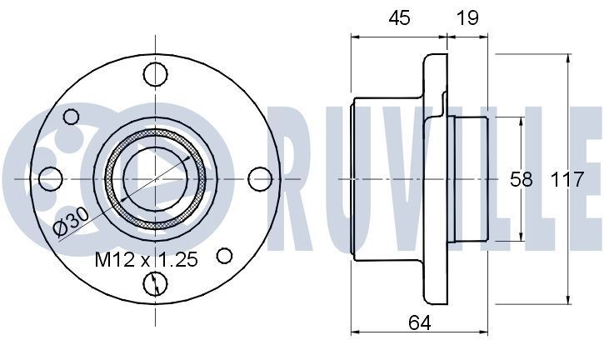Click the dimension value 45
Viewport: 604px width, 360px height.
399,18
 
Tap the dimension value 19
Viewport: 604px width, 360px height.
467,18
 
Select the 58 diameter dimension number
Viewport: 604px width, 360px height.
521,179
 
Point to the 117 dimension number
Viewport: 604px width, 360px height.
567,179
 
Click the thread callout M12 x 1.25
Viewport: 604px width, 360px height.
146,260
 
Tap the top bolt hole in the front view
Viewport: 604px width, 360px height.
155,74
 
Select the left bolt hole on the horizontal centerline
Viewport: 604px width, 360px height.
51,178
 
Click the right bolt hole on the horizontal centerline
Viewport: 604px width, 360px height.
260,178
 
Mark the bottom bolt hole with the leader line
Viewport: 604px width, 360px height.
155,283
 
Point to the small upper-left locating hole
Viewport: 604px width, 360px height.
72,117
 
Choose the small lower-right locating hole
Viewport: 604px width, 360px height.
224,255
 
